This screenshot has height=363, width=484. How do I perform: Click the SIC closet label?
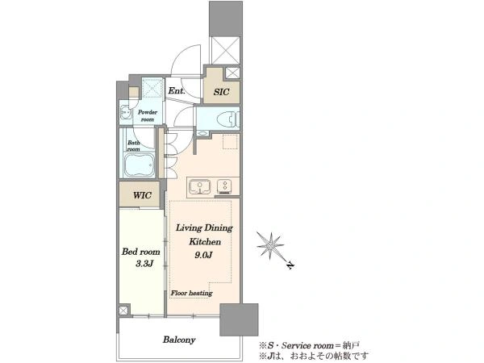(221, 92)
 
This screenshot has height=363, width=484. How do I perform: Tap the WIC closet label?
(142, 195)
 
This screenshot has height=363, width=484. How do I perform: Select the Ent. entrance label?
(177, 90)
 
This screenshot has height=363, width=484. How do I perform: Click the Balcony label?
(179, 340)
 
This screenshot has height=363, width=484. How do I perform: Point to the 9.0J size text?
(203, 255)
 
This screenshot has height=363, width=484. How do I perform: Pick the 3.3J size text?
(144, 264)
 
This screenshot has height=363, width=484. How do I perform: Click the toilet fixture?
(228, 119)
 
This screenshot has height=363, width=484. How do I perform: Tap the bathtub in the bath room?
(139, 165)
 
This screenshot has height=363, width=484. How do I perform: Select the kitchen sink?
(200, 187)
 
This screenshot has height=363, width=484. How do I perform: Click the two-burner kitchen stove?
(225, 186)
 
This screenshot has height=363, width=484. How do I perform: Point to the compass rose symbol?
(270, 246)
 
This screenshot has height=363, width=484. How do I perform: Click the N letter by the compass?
(290, 265)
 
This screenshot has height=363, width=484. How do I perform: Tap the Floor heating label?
(192, 293)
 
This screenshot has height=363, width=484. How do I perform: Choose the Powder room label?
(148, 115)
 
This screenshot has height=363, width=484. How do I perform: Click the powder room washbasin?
(125, 113)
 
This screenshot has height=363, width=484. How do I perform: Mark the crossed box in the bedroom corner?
(123, 311)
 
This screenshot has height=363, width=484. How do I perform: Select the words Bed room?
(140, 252)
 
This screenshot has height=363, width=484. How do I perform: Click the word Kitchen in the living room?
(205, 241)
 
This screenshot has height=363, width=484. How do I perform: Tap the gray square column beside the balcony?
(239, 319)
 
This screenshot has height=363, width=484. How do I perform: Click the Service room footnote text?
(310, 345)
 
